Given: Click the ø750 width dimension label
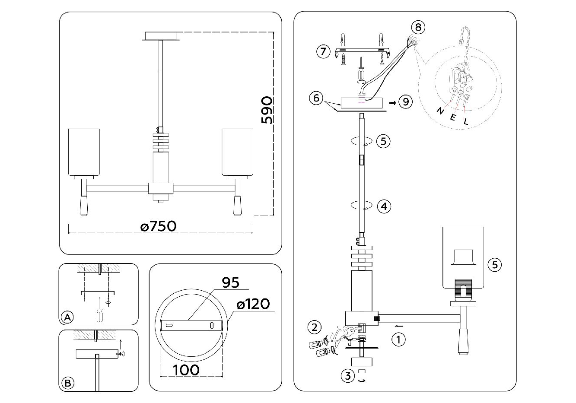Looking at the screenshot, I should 159,226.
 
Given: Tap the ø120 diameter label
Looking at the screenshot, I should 253,304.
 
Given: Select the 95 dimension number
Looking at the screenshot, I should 230,282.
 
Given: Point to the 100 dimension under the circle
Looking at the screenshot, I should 186,370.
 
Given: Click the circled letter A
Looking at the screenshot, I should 67,318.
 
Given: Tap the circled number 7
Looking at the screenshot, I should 322,52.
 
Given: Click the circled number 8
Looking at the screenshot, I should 417,27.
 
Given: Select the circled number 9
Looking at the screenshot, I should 405,102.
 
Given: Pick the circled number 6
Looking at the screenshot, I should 316,98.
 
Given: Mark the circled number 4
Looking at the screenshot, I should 384,206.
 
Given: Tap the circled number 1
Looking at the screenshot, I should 398,340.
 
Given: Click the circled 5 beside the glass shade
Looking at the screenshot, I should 495,264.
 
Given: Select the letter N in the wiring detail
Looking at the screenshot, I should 440,111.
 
